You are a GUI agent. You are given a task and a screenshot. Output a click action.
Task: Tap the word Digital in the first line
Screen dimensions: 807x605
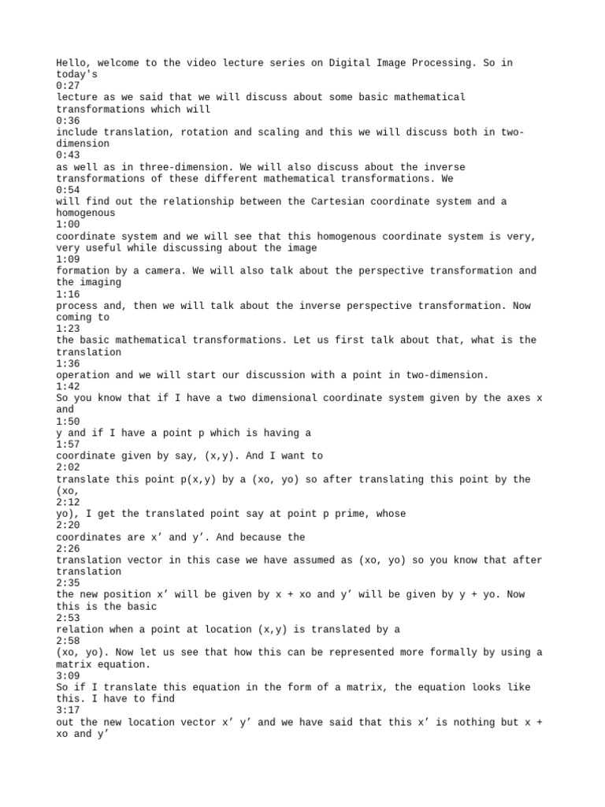(x=366, y=62)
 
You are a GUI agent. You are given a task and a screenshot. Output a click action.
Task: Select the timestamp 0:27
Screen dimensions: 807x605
(x=66, y=85)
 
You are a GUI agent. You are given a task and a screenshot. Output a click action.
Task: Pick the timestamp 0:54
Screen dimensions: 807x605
(x=66, y=190)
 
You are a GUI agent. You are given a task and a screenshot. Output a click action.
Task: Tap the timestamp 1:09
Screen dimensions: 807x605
(x=66, y=259)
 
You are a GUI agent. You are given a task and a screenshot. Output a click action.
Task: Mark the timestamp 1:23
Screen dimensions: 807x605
(x=66, y=329)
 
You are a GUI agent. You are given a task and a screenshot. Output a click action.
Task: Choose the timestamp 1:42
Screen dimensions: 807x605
(x=66, y=386)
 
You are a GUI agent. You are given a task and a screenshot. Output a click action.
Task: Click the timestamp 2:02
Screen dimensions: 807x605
(x=66, y=467)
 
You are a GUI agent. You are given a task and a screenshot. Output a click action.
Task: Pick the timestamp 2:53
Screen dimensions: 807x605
(x=66, y=618)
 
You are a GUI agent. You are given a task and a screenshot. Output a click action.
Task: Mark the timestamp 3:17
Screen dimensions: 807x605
(x=66, y=710)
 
